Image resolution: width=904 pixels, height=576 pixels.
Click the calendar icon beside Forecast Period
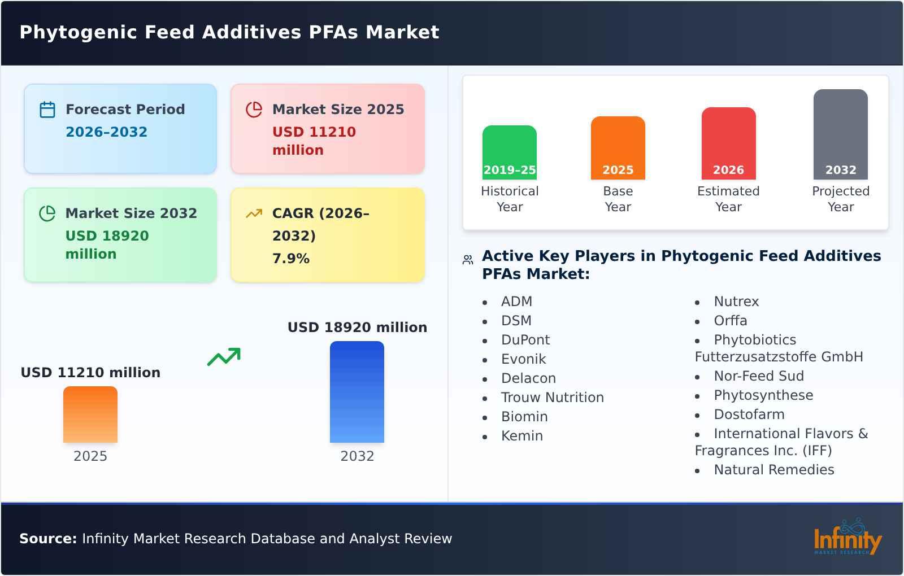(47, 110)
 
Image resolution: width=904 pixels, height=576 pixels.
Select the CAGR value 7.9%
(290, 259)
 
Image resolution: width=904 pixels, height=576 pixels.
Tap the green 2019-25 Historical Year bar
(509, 152)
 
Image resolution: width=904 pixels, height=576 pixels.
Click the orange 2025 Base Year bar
(618, 148)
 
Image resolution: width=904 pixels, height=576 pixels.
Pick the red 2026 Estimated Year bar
(728, 143)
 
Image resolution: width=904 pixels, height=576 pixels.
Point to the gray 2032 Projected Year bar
(840, 134)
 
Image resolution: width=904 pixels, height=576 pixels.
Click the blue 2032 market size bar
(357, 392)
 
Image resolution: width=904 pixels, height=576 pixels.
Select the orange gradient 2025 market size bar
(90, 414)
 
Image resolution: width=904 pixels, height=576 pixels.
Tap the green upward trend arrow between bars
(224, 357)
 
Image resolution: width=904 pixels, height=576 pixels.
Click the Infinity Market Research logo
(847, 538)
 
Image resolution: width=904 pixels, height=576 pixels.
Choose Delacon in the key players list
(528, 378)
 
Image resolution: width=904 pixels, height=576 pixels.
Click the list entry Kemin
(521, 436)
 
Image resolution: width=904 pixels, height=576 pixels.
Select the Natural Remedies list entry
(773, 470)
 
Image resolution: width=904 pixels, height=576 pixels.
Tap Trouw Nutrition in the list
(552, 398)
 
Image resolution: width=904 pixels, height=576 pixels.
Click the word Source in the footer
(47, 539)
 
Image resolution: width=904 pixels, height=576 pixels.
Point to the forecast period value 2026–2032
(106, 132)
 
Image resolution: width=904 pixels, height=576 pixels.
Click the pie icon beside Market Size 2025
(254, 110)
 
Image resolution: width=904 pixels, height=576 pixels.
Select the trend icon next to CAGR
(254, 213)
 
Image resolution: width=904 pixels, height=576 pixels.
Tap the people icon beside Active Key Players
(468, 260)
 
